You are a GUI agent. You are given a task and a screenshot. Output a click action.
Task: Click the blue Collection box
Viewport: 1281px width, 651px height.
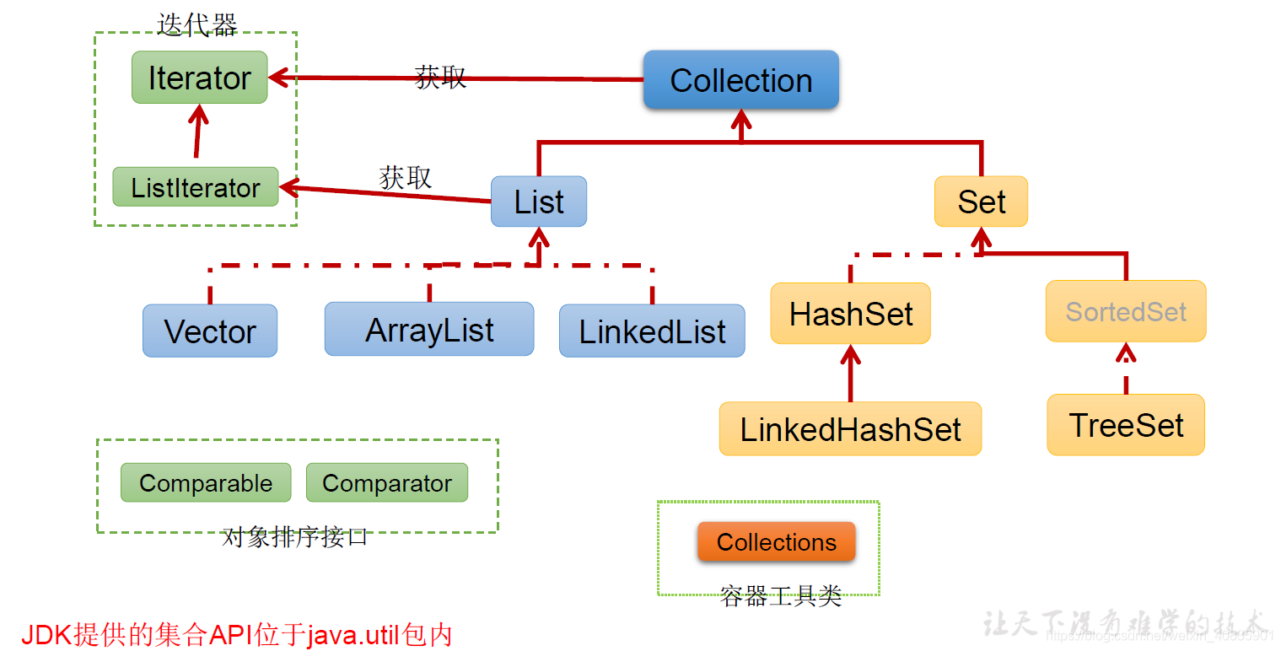point(740,80)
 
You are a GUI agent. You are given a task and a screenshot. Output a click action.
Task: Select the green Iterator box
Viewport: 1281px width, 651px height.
point(199,78)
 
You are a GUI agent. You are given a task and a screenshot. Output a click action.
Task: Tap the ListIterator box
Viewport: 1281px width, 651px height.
point(196,187)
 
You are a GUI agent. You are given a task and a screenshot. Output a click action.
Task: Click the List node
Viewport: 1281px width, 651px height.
point(539,202)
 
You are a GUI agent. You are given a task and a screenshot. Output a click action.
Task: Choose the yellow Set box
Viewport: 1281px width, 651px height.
point(981,202)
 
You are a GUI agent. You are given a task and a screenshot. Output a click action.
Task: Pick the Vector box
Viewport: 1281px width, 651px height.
point(209,331)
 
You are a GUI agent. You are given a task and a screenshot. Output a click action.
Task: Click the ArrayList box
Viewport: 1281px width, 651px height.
point(429,329)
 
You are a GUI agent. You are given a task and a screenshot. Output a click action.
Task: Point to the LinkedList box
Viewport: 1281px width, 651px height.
point(652,331)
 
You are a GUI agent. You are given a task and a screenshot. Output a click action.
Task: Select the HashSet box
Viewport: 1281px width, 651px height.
point(850,314)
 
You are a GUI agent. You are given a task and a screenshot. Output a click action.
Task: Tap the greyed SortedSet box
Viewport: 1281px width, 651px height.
point(1126,311)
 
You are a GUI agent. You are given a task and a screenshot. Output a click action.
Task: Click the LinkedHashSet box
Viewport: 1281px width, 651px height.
point(850,429)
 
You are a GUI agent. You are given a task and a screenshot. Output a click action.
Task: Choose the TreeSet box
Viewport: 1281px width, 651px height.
point(1126,425)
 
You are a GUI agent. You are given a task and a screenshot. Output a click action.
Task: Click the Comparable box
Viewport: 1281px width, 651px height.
point(206,483)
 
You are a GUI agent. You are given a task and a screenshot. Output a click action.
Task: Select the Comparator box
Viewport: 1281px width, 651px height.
point(386,483)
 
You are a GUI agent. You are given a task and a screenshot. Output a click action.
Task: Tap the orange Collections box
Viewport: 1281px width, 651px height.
point(776,542)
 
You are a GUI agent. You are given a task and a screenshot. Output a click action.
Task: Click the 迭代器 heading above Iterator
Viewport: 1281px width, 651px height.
point(197,24)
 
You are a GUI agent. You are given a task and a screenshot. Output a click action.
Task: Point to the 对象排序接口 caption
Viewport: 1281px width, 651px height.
point(295,537)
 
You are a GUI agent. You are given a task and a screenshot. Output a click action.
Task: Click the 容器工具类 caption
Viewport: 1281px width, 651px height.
point(781,596)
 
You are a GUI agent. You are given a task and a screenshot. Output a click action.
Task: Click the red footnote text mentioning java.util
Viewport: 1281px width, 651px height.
point(237,634)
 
